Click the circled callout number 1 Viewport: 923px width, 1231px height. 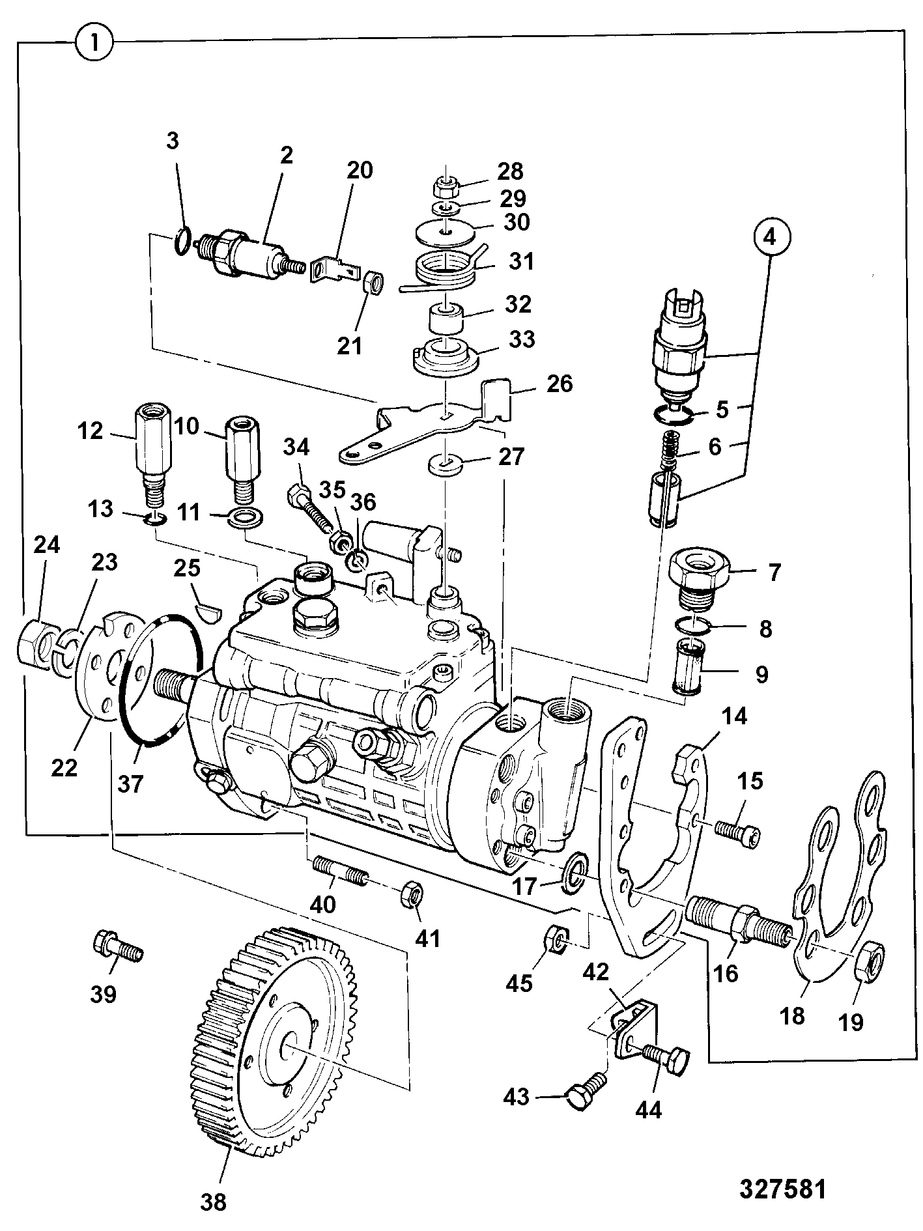tap(95, 44)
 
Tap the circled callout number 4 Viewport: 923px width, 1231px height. tap(770, 237)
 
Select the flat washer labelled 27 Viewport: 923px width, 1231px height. tap(444, 464)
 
